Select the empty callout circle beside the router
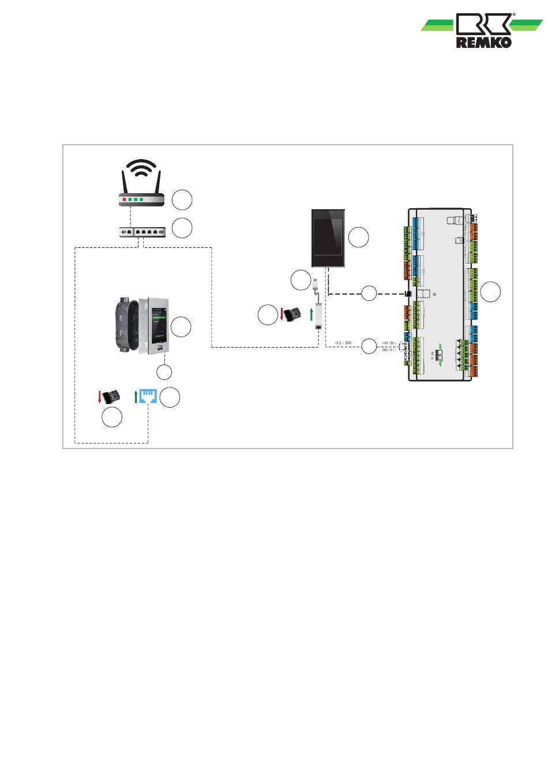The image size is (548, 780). [182, 199]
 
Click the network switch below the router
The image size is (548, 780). [142, 232]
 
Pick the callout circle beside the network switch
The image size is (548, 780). [182, 228]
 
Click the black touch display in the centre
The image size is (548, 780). [329, 239]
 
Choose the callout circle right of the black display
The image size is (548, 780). [359, 237]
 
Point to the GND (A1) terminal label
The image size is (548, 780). [389, 349]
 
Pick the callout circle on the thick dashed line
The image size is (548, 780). [369, 293]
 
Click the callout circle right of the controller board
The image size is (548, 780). [491, 292]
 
